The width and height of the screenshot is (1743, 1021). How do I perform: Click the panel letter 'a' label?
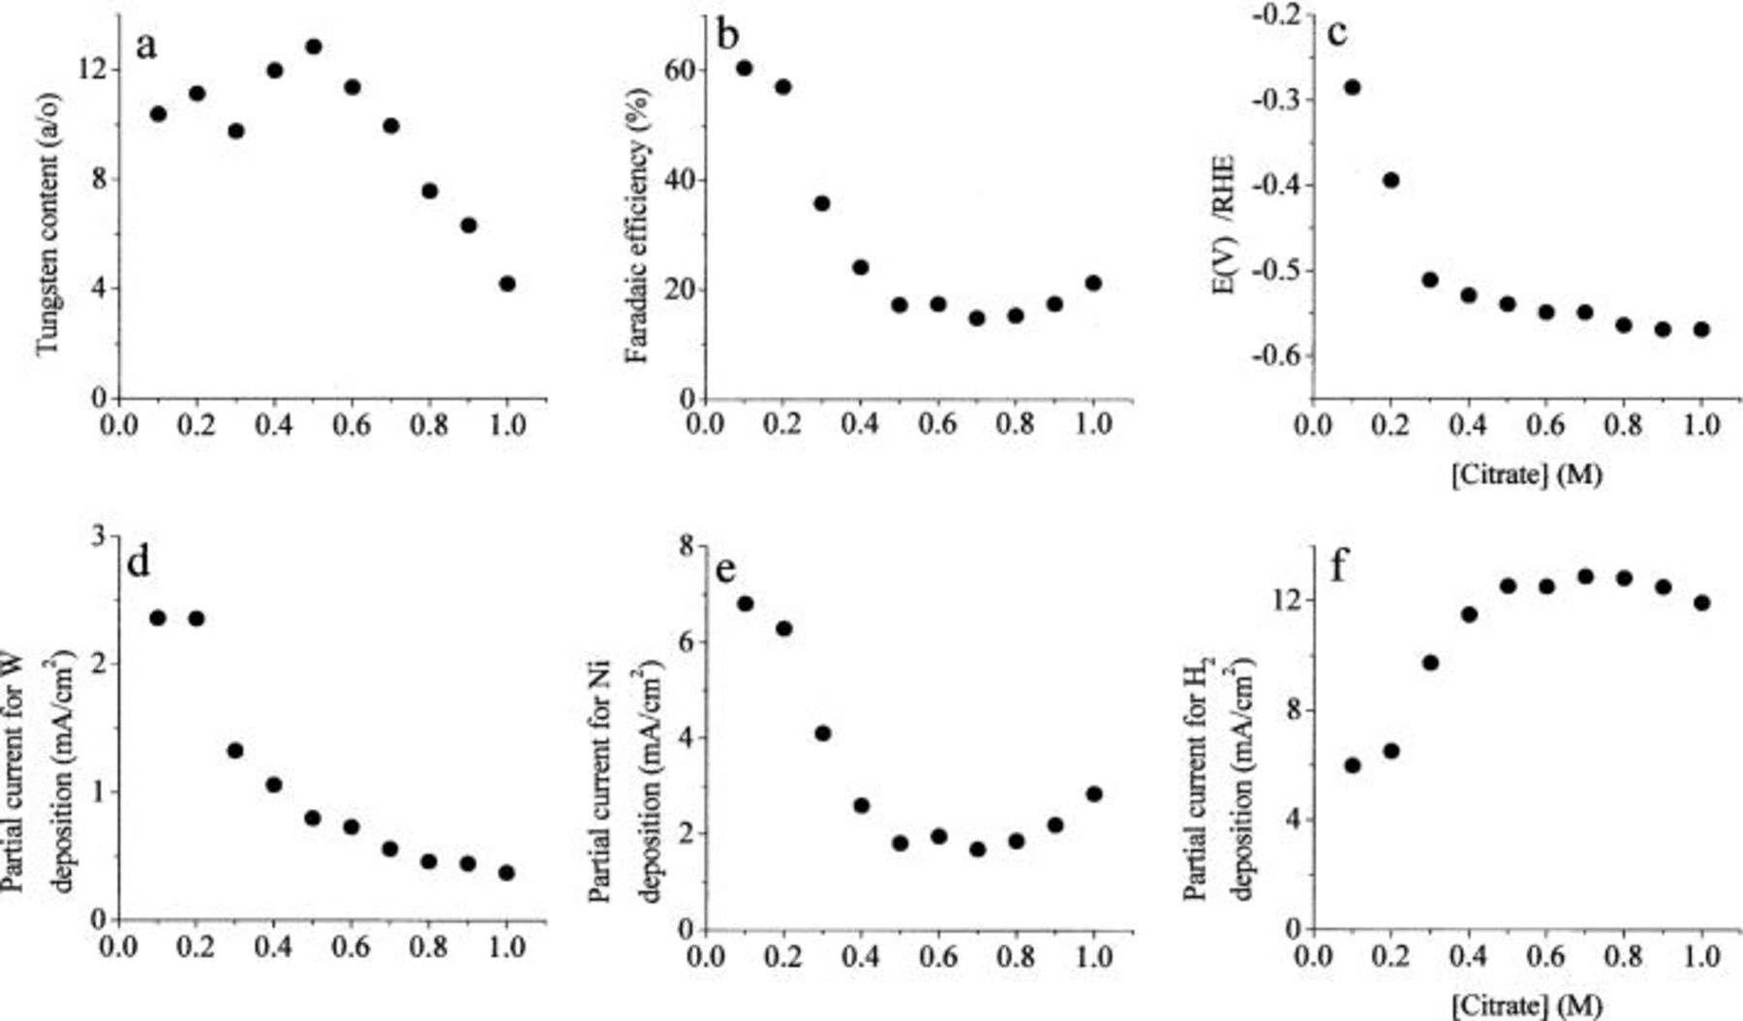click(x=146, y=45)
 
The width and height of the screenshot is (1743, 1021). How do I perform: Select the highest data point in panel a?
click(x=313, y=46)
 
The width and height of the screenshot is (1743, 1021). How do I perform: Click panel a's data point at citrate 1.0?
click(x=506, y=284)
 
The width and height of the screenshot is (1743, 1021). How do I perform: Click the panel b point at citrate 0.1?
click(x=744, y=68)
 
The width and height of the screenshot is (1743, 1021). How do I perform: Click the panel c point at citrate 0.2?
click(x=1391, y=180)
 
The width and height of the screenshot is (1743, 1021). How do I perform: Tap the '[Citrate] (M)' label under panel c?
click(x=1527, y=475)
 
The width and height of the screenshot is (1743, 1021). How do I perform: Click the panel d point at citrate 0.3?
click(x=234, y=750)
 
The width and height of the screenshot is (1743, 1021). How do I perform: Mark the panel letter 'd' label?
click(x=138, y=562)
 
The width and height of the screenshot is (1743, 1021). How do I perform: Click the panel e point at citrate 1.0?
click(x=1093, y=794)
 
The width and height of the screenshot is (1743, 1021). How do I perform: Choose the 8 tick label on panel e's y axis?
click(x=687, y=548)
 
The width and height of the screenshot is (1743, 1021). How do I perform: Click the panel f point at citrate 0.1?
click(x=1353, y=766)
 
